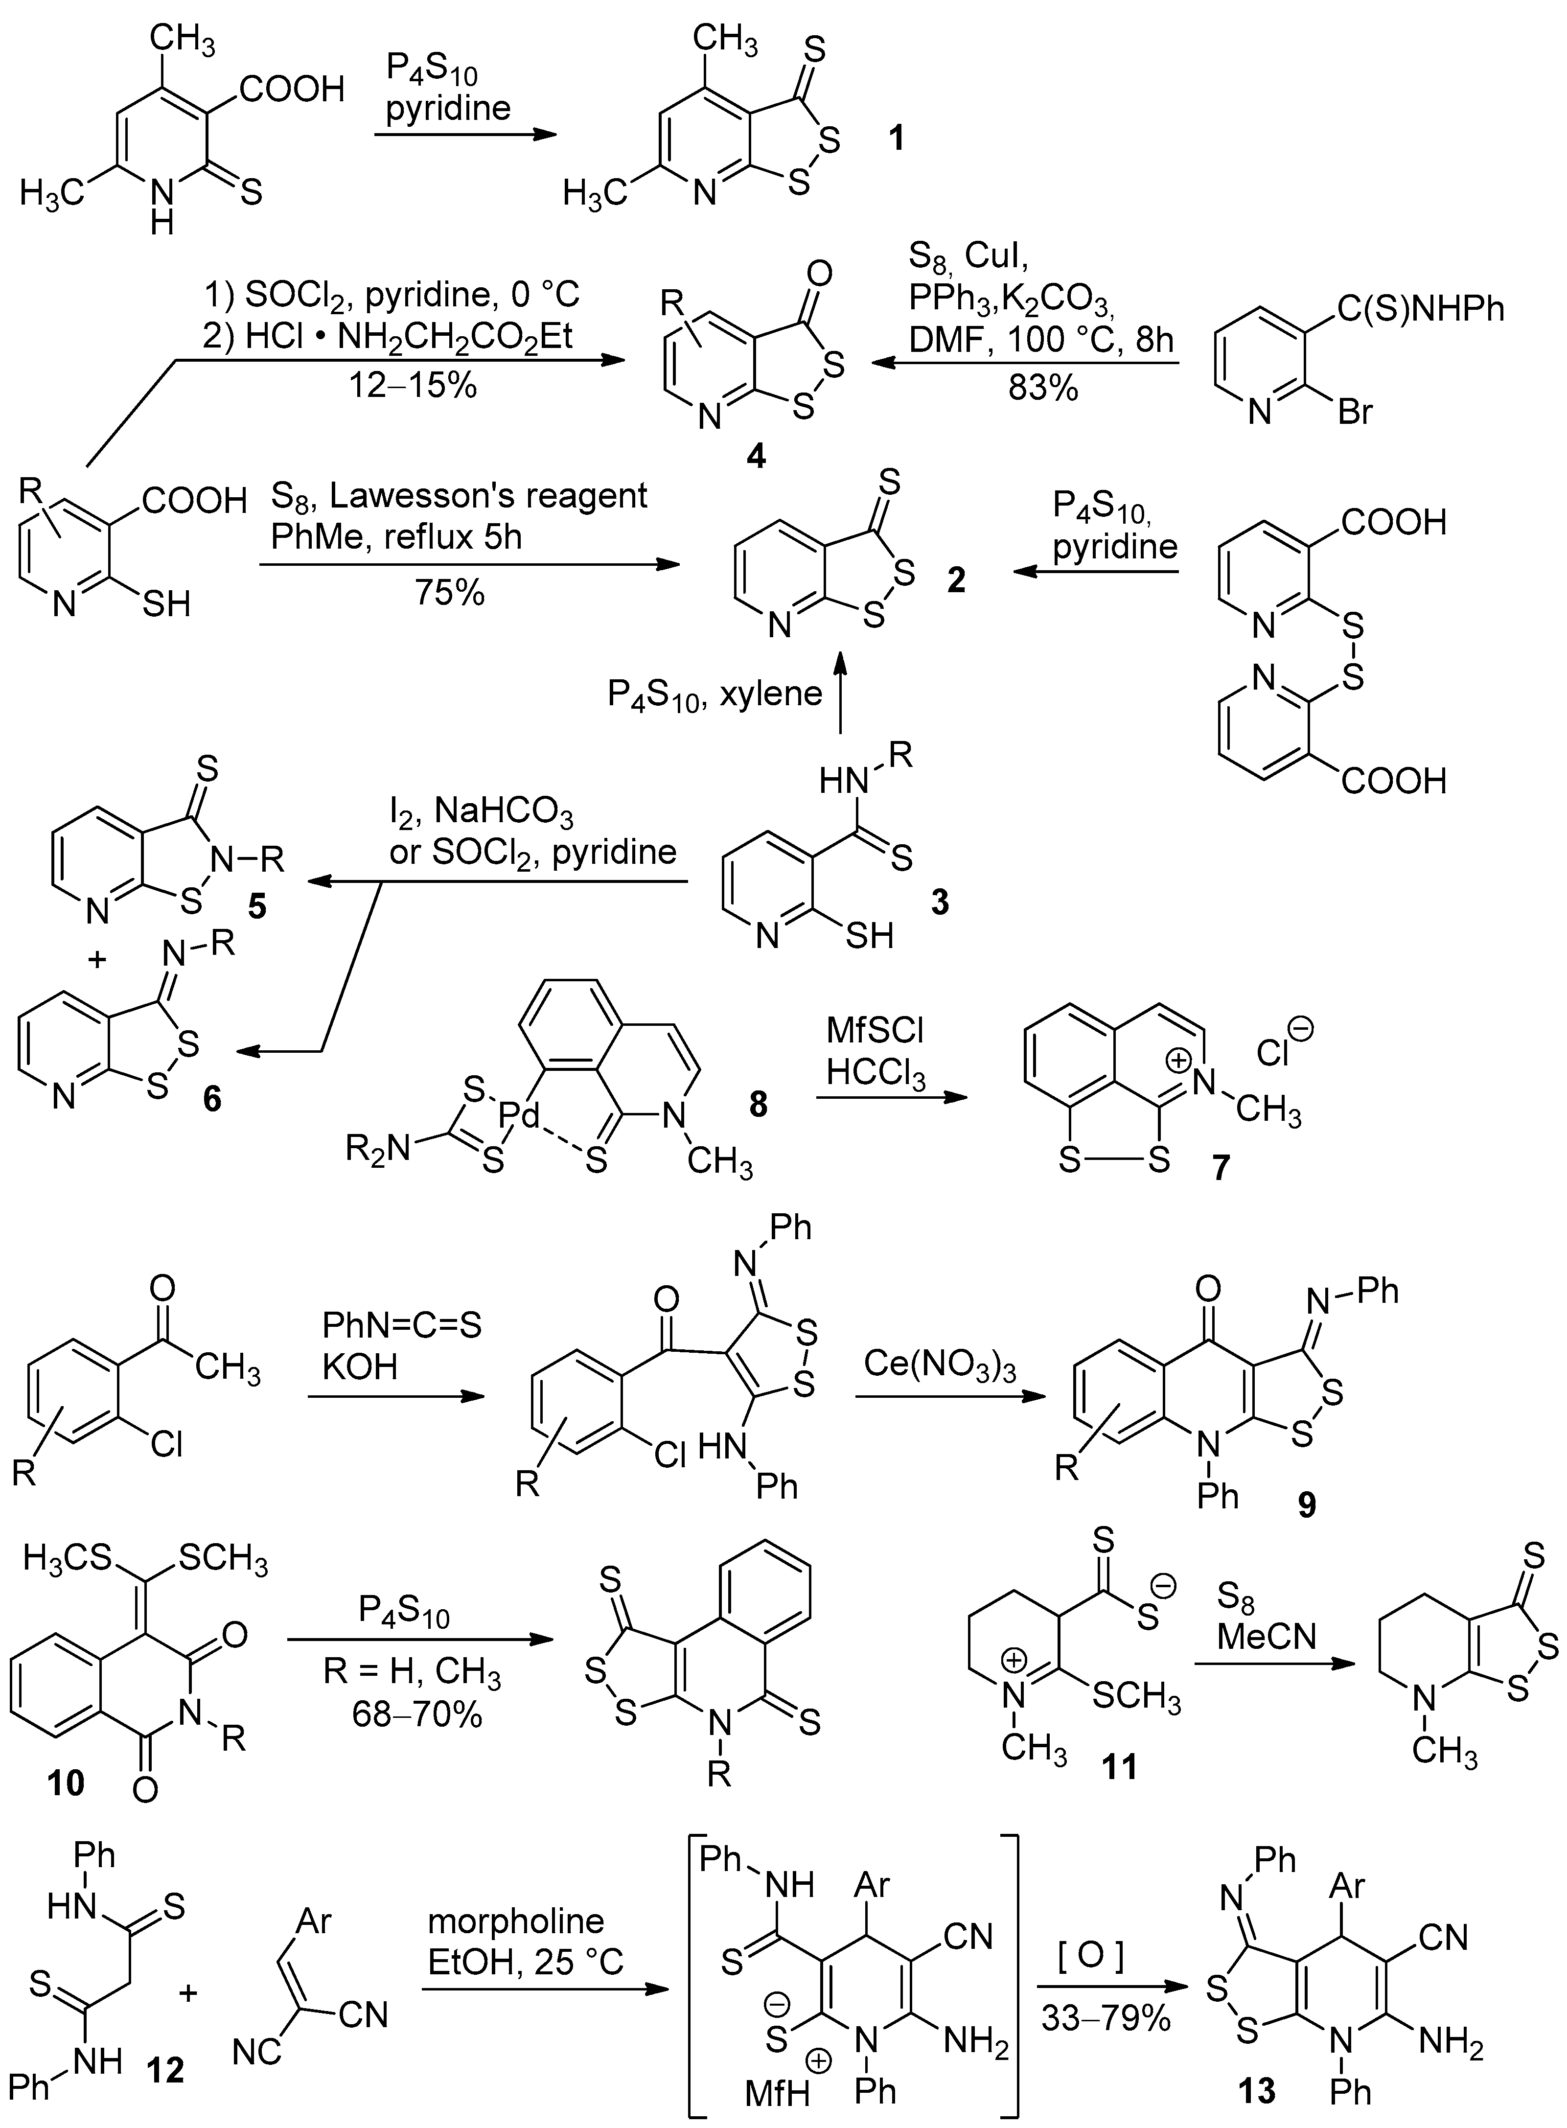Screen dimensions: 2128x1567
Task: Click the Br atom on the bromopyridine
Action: click(x=1355, y=413)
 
